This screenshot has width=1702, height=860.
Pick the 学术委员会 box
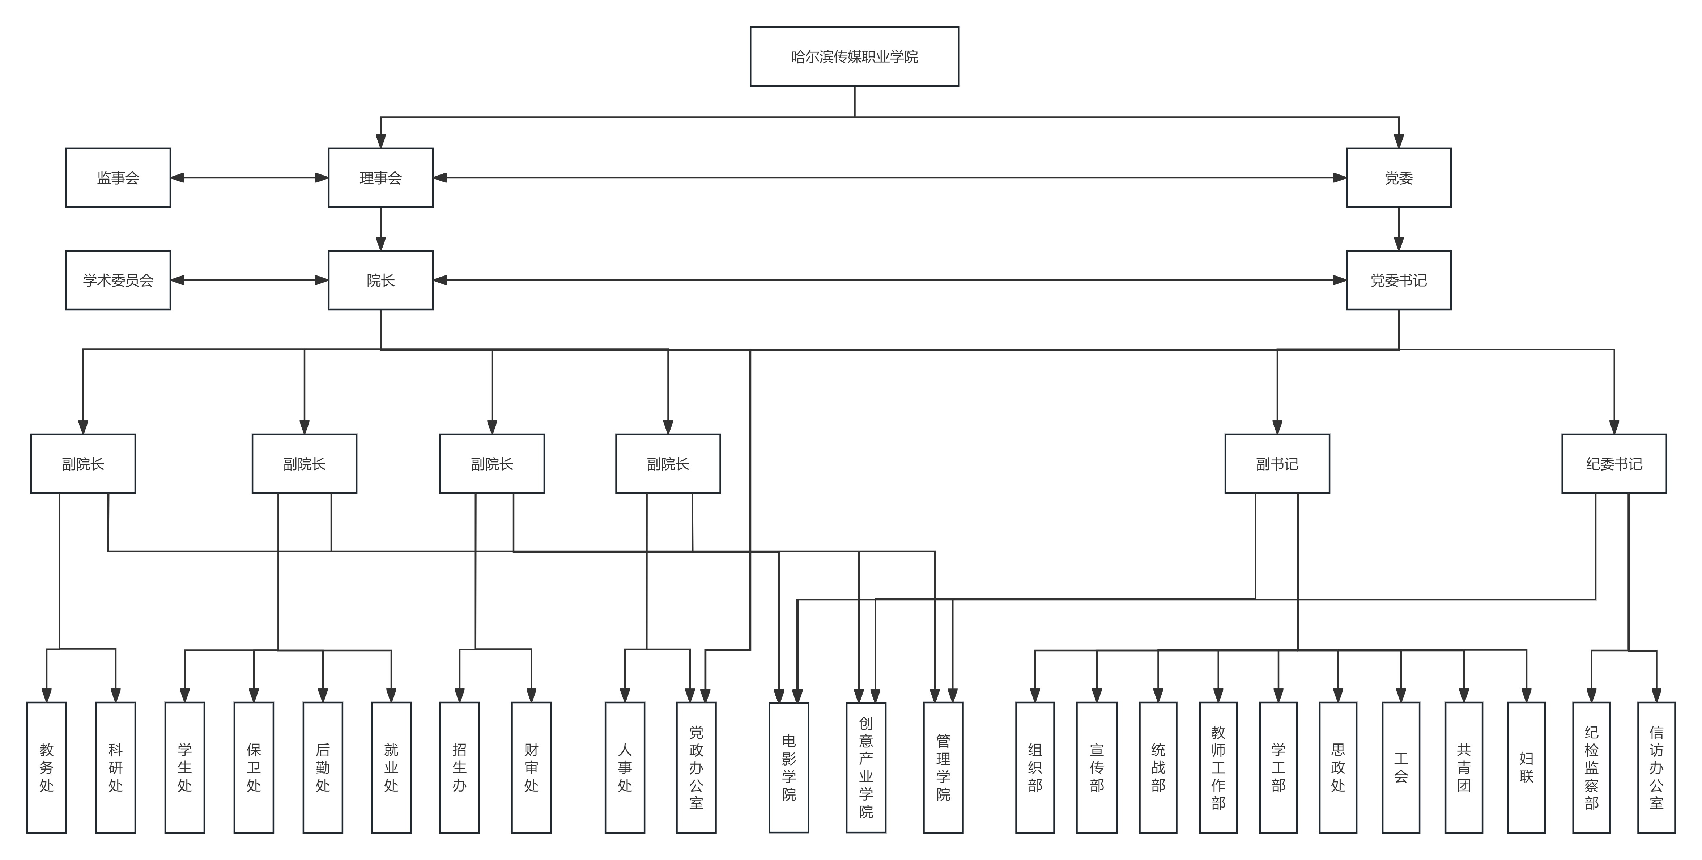click(x=118, y=280)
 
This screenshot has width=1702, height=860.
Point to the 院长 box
click(x=380, y=280)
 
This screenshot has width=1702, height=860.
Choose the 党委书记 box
click(x=1399, y=280)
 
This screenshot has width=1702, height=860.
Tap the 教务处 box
click(x=46, y=767)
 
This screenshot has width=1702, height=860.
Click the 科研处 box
click(x=116, y=767)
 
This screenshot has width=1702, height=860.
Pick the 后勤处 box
click(x=323, y=767)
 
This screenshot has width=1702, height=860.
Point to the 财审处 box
click(x=531, y=767)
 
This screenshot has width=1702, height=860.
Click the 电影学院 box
click(x=789, y=767)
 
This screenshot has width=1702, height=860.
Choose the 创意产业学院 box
click(x=866, y=767)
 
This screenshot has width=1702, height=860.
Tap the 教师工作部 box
click(x=1218, y=767)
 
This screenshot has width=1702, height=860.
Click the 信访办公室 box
click(x=1656, y=767)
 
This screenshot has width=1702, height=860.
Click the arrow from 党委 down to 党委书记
click(x=1399, y=229)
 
